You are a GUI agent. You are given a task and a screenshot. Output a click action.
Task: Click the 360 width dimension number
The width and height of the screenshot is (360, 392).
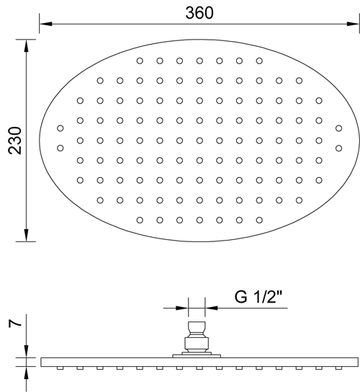pos(199,13)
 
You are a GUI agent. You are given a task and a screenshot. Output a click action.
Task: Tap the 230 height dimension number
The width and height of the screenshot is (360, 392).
pos(15,141)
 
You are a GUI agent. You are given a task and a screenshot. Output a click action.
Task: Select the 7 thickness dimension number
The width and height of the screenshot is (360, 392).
pos(15,324)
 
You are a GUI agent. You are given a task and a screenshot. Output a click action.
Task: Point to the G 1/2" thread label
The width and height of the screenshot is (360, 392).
pos(258,297)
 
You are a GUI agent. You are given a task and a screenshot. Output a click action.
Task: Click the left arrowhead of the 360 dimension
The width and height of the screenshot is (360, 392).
pos(45,24)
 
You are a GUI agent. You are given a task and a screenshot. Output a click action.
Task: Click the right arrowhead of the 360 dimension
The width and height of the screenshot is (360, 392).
pos(353,24)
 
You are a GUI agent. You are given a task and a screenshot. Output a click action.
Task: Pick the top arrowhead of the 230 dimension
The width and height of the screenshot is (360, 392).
pos(26,45)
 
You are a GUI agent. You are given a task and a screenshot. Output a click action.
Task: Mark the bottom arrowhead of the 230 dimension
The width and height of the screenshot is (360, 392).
pos(26,235)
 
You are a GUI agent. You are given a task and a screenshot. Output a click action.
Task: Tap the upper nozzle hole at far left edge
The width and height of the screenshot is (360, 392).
pos(60,128)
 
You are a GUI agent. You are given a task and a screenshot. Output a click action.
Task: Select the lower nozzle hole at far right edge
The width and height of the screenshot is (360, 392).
pos(338,148)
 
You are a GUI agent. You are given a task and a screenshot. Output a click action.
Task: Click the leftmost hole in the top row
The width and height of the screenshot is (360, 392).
pos(140,61)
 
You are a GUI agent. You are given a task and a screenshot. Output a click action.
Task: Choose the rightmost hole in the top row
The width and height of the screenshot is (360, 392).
pos(259,61)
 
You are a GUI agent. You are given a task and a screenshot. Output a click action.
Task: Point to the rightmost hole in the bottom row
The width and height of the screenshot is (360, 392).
pos(259,220)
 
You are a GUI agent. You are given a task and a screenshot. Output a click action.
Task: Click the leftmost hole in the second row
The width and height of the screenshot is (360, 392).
pos(100,81)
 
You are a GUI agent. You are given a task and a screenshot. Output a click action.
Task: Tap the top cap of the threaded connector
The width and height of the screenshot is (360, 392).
pos(197,326)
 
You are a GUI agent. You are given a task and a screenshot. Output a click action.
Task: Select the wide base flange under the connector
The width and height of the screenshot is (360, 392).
pos(197,356)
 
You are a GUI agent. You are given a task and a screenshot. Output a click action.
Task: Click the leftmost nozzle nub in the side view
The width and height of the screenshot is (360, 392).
pos(60,368)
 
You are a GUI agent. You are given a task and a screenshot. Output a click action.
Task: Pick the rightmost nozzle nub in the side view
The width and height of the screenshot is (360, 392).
pos(338,368)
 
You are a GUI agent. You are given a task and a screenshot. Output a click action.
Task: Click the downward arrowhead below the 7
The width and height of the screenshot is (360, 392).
pos(26,352)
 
